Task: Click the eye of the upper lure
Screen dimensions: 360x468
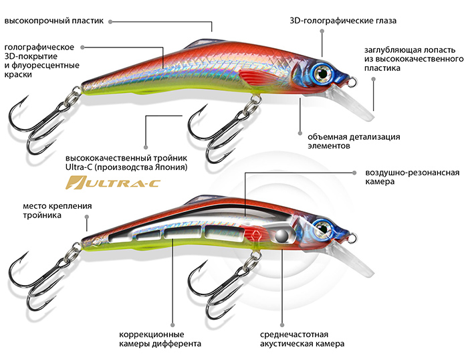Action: click(324, 72)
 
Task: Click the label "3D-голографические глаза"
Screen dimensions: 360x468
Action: click(343, 21)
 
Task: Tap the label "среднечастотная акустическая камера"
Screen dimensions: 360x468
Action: click(303, 339)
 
